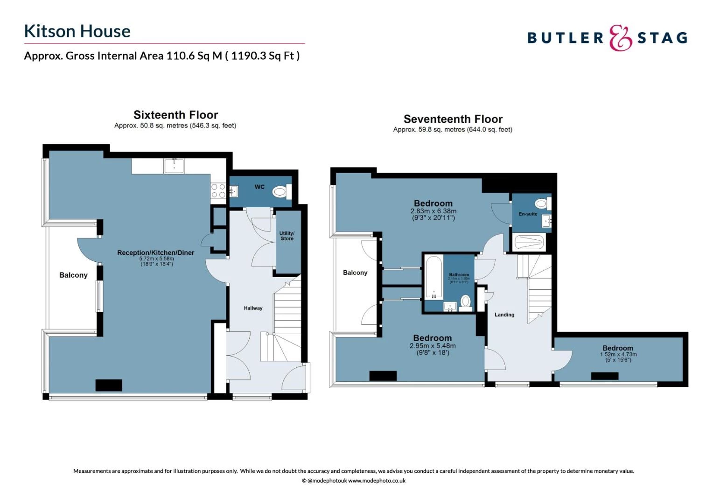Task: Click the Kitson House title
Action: click(x=77, y=31)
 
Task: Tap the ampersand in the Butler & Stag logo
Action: click(x=620, y=38)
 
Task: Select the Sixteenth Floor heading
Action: click(x=175, y=115)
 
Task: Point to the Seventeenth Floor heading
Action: click(x=453, y=119)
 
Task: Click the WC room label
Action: click(x=259, y=187)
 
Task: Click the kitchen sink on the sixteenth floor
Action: click(x=174, y=166)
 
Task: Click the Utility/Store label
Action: click(x=287, y=236)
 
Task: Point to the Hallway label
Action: click(x=253, y=308)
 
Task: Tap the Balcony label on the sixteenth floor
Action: click(x=73, y=275)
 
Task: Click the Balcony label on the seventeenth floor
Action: click(x=355, y=273)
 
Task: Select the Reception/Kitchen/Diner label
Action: click(x=155, y=252)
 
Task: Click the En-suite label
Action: click(x=528, y=214)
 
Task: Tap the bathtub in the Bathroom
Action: click(x=433, y=277)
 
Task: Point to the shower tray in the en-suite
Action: click(x=529, y=242)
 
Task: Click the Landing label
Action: click(x=504, y=315)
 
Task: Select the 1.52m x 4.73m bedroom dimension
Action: click(x=618, y=354)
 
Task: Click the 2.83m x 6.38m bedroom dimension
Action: click(x=433, y=211)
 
